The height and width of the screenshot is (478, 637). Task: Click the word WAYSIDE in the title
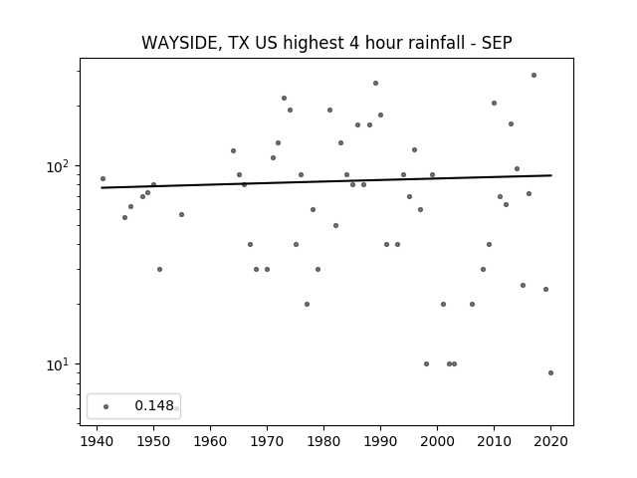point(181,43)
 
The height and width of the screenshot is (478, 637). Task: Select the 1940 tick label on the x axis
point(97,441)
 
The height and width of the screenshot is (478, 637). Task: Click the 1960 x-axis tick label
point(210,441)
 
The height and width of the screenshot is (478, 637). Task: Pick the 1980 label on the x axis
point(323,441)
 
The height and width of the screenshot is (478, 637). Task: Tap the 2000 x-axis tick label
point(437,441)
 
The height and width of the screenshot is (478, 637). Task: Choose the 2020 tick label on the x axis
point(550,441)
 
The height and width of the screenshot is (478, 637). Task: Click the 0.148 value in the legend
point(154,405)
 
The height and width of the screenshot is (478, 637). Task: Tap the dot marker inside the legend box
point(106,406)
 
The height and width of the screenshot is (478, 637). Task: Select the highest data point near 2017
point(533,76)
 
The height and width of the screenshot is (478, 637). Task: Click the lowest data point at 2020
point(550,372)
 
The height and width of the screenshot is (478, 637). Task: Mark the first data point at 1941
point(103,179)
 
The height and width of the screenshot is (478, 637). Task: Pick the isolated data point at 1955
point(181,215)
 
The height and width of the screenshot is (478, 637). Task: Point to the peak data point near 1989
point(376,84)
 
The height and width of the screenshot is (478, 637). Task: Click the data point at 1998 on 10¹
point(426,363)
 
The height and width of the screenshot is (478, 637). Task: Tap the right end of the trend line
point(551,175)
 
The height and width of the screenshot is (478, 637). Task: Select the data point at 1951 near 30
point(159,270)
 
